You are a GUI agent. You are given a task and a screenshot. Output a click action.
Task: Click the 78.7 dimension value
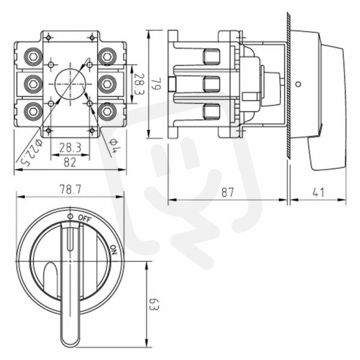[x=70, y=190]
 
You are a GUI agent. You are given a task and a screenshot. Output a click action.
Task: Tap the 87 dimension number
[x=227, y=192]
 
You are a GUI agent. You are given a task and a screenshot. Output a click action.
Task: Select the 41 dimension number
[x=319, y=192]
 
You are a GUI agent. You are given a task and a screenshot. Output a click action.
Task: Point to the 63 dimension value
[x=154, y=304]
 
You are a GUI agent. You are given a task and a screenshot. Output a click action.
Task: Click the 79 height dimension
[x=157, y=84]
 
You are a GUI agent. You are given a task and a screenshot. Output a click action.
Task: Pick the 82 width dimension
[x=70, y=163]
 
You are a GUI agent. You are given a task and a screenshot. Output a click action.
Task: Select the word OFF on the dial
[x=85, y=218]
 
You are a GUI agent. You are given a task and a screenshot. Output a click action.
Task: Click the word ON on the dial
[x=113, y=250]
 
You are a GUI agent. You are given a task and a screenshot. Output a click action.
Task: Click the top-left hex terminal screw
[x=33, y=57]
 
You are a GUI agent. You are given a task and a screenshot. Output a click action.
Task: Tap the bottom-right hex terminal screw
[x=107, y=112]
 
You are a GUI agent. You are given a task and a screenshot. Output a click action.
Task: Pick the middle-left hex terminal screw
[x=33, y=84]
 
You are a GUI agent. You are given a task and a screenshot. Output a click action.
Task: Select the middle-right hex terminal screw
[x=107, y=84]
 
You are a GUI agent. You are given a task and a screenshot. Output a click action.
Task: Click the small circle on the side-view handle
[x=298, y=84]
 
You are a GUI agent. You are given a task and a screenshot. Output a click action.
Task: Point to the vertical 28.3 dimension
[x=139, y=84]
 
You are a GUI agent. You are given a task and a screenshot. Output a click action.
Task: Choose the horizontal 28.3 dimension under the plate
[x=70, y=148]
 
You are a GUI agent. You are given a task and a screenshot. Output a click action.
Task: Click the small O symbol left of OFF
[x=70, y=216]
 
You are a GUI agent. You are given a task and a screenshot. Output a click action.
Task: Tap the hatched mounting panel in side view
[x=289, y=85]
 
